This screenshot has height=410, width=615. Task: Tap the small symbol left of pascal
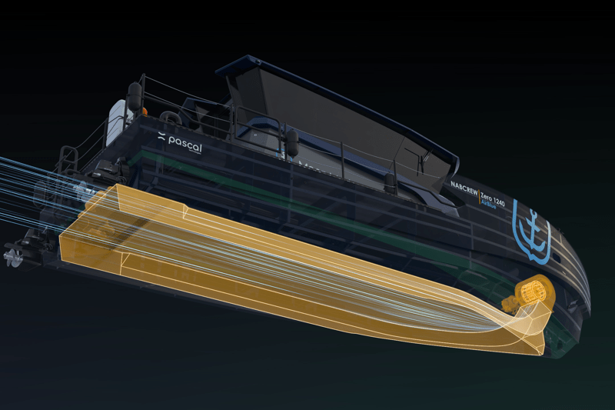click(x=161, y=138)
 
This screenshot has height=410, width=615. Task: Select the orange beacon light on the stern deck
click(x=144, y=112)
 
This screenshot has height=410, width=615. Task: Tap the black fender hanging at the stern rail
click(x=135, y=97)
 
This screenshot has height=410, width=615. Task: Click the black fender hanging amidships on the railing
click(x=292, y=142)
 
